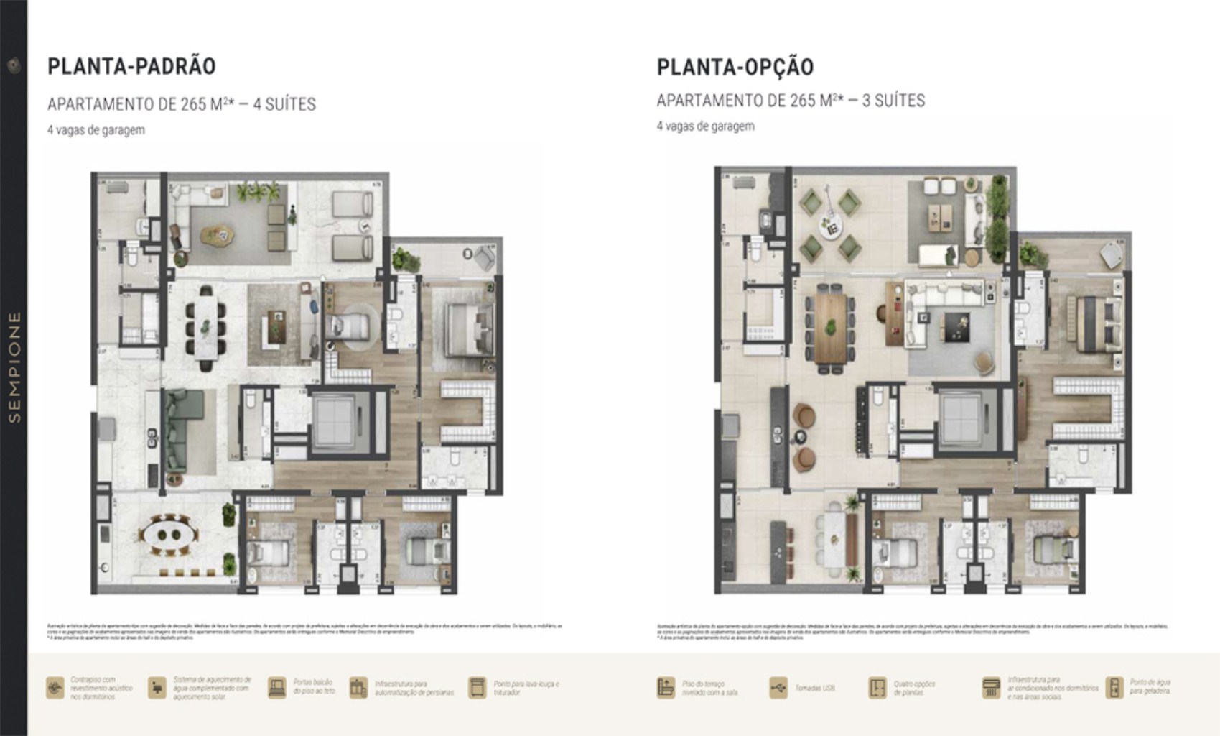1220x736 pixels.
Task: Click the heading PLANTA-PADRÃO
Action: tap(131, 66)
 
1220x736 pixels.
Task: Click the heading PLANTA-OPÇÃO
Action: tap(735, 67)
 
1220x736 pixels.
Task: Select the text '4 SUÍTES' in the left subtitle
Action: tap(284, 104)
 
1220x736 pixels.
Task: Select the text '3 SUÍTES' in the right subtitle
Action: tap(893, 101)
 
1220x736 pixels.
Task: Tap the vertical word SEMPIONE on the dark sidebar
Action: tap(14, 367)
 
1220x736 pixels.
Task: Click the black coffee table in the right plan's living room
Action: tap(956, 327)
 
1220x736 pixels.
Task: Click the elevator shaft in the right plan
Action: tap(966, 419)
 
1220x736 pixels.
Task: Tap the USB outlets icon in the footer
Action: tap(778, 688)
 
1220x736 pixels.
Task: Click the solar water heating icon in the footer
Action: tap(157, 688)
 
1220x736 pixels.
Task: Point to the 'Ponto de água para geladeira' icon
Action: tap(1114, 688)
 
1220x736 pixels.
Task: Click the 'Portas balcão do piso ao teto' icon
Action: tap(276, 688)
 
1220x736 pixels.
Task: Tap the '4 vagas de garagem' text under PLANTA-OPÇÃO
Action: tap(705, 126)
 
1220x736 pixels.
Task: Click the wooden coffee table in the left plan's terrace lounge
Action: tap(217, 234)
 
